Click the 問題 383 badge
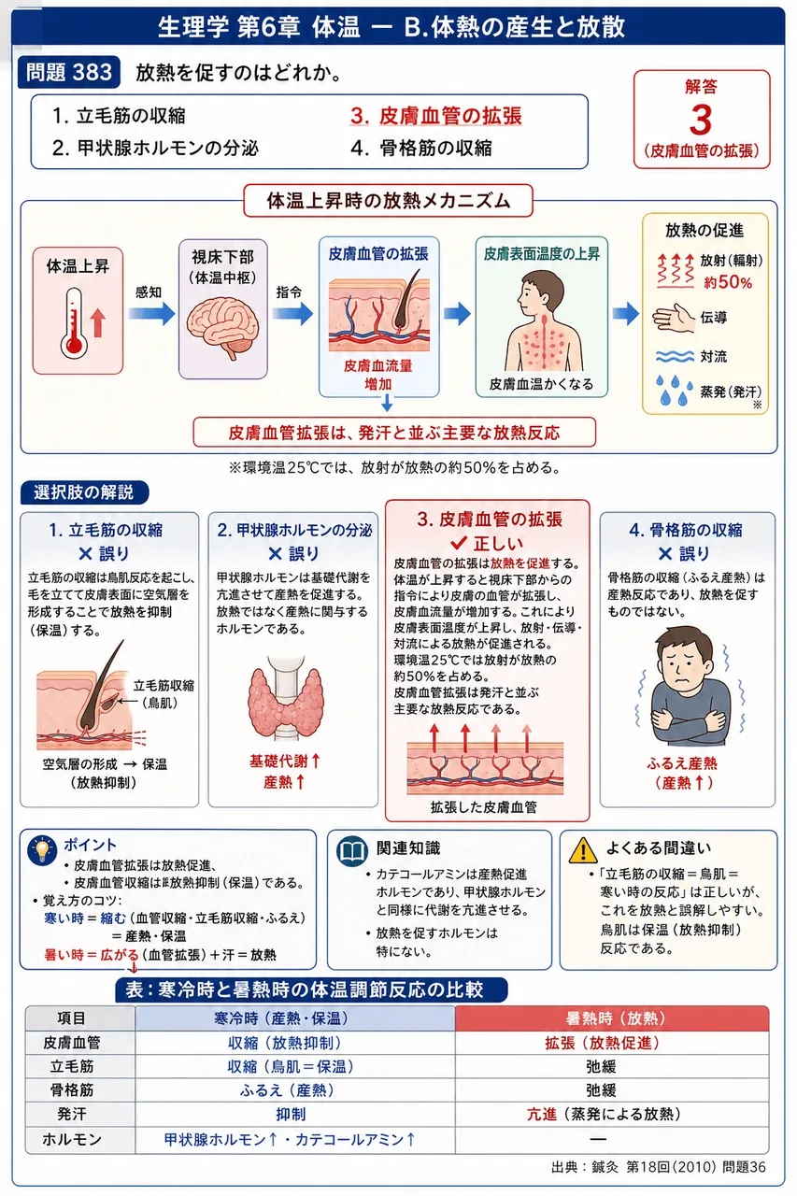point(68,72)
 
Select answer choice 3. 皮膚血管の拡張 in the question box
point(435,116)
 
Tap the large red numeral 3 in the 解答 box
point(701,120)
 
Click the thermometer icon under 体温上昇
point(74,323)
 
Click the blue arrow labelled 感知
point(151,313)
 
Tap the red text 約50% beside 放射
point(727,282)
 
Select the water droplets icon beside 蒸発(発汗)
point(675,390)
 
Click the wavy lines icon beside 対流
point(675,356)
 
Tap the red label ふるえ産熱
point(682,763)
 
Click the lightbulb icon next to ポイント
point(42,850)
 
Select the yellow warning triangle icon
point(583,850)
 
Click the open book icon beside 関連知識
point(352,851)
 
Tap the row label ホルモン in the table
point(72,1139)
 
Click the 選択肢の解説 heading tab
point(84,492)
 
